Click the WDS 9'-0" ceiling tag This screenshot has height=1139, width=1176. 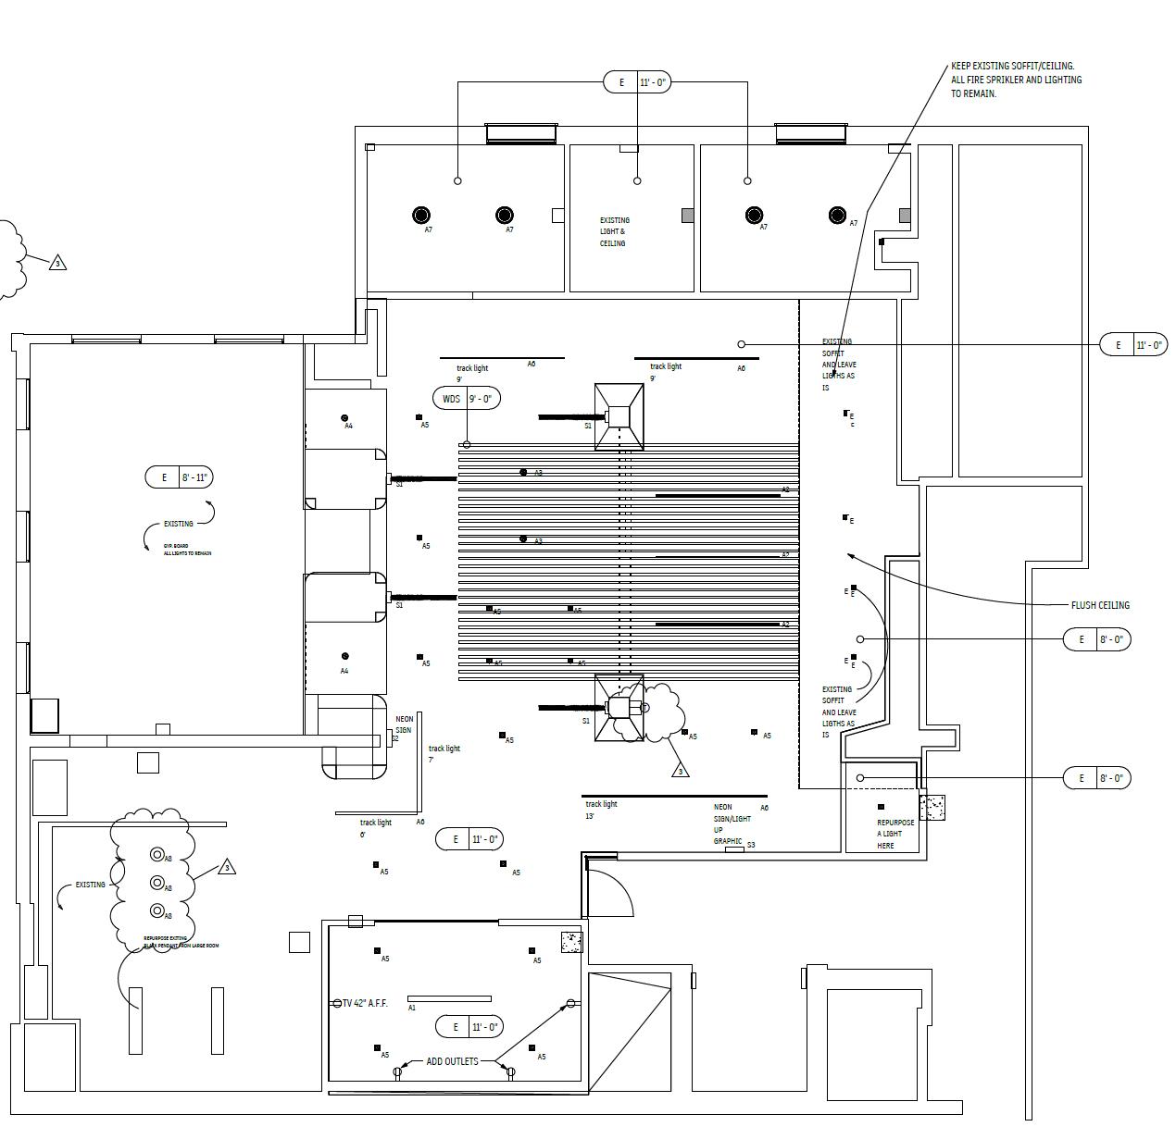point(467,399)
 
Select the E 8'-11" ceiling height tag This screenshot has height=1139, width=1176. point(180,477)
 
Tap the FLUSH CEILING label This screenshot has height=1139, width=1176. point(1100,605)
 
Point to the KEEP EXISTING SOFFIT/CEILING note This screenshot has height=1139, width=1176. point(1015,80)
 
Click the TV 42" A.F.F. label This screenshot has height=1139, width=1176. point(365,1003)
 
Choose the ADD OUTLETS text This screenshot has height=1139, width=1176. point(452,1061)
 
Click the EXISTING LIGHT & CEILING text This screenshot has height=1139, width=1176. point(613,231)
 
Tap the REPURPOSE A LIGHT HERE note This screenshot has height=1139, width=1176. point(895,834)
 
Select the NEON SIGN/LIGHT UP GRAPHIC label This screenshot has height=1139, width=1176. point(731,824)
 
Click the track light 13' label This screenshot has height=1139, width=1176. point(601,810)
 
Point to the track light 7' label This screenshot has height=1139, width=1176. point(444,753)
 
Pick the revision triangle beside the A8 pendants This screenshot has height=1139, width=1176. point(227,868)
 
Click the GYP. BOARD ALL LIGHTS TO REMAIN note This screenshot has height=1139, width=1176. point(187,550)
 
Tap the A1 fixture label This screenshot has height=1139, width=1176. point(412,1008)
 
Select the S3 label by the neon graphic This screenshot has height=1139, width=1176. point(751,845)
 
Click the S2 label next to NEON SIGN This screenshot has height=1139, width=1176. point(395,738)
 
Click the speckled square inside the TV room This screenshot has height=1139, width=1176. point(571,942)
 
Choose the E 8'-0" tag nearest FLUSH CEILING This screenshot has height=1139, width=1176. point(1097,639)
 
